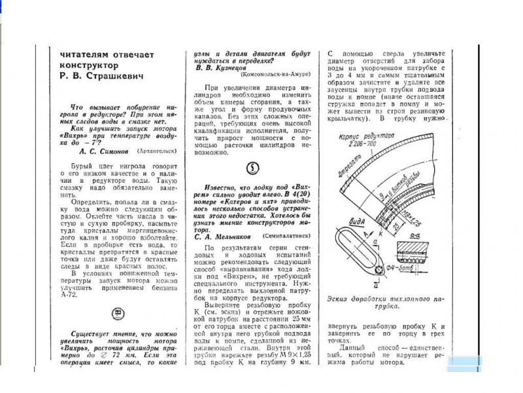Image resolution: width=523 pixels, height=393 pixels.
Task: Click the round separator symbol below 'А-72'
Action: click(118, 314)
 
